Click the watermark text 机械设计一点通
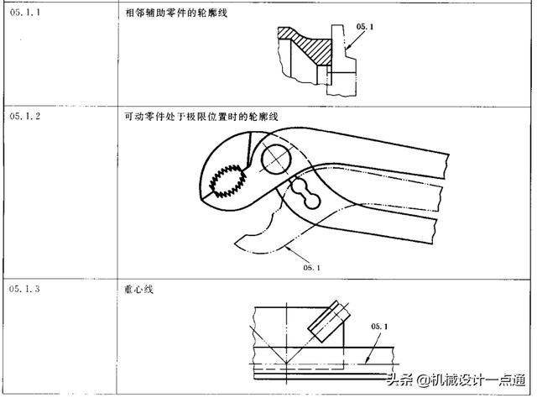click(x=479, y=381)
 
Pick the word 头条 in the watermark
click(x=401, y=381)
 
